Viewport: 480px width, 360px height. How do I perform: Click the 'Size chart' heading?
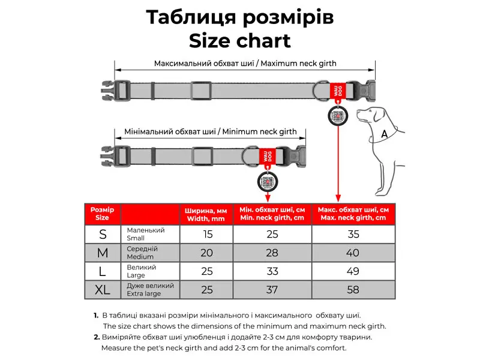click(x=240, y=40)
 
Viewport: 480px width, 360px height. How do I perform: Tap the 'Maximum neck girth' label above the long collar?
click(x=245, y=63)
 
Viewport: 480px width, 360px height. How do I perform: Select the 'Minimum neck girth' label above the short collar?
click(x=210, y=131)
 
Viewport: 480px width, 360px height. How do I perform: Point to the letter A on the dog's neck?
click(x=384, y=135)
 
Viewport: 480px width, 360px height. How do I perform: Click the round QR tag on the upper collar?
click(x=338, y=115)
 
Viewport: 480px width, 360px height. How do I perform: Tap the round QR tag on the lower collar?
click(x=267, y=181)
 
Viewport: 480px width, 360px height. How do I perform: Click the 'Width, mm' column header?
click(x=206, y=214)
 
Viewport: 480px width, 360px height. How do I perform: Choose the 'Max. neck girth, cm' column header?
click(x=353, y=214)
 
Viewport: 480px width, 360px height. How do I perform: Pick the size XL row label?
click(x=103, y=290)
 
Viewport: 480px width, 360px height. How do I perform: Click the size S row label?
click(x=103, y=234)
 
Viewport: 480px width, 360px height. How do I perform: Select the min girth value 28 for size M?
click(x=272, y=253)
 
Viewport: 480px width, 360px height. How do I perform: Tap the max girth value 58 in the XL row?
click(x=353, y=290)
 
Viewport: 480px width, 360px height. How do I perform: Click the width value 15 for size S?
click(x=206, y=234)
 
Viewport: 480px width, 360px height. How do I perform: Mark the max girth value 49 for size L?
click(x=353, y=271)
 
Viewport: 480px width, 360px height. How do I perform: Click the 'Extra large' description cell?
click(x=150, y=290)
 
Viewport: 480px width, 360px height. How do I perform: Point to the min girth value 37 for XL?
click(x=272, y=290)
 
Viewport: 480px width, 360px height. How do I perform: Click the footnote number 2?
click(x=97, y=337)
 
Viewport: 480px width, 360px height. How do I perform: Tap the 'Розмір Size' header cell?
click(x=103, y=214)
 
